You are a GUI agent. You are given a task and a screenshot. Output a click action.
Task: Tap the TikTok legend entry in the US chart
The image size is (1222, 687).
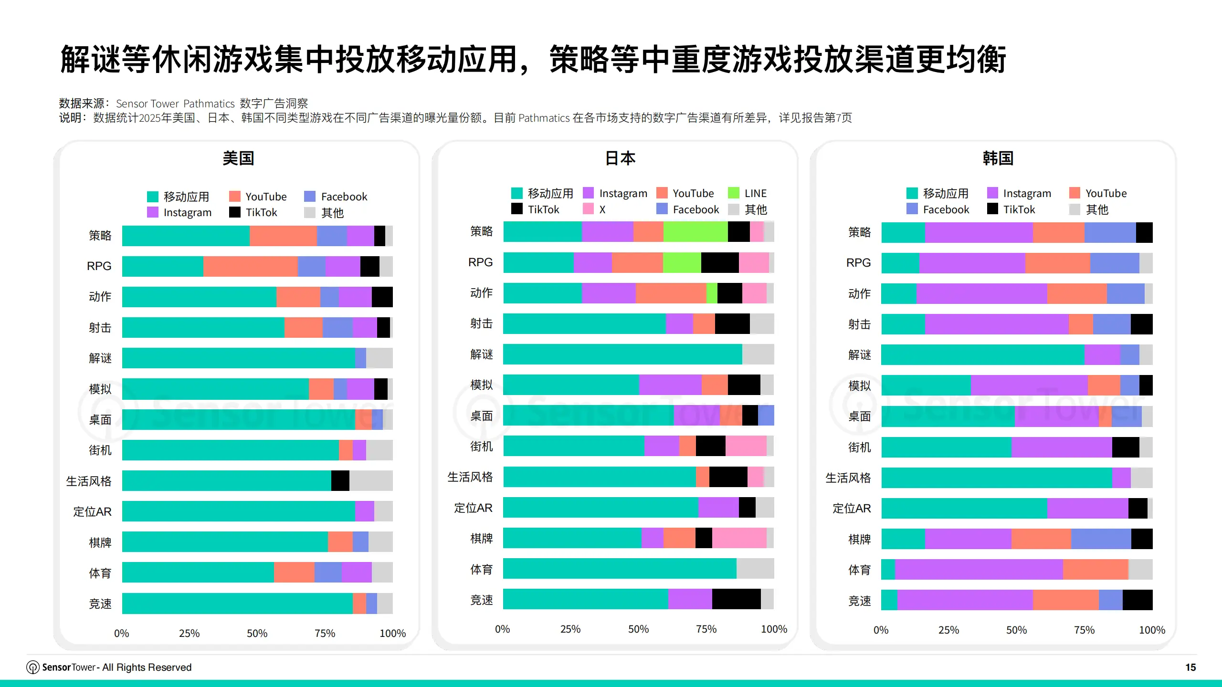[x=253, y=212]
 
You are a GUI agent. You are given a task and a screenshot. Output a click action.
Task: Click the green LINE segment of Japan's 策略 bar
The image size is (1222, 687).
[x=695, y=232]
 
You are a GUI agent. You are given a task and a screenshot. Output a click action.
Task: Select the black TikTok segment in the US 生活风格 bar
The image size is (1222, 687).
[x=340, y=480]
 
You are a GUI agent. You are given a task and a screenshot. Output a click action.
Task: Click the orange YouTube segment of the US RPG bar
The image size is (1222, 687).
[x=250, y=266]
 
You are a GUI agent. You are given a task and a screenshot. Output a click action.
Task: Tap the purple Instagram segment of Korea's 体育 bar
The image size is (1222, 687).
[x=979, y=570]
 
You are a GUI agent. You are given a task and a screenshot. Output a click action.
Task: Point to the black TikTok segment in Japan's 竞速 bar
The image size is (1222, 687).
[x=736, y=599]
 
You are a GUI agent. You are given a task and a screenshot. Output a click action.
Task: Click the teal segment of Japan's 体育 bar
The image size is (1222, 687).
[x=620, y=569]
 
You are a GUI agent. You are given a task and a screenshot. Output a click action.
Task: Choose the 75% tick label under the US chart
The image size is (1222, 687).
[x=325, y=634]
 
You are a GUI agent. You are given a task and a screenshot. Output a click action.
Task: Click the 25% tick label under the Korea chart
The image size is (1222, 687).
[x=948, y=630]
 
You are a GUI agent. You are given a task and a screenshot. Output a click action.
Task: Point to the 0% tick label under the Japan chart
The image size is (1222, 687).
[x=502, y=629]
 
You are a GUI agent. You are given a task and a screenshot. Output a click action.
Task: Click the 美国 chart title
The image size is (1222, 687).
[x=238, y=158]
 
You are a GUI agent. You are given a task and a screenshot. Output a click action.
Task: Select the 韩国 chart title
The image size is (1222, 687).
[x=998, y=158]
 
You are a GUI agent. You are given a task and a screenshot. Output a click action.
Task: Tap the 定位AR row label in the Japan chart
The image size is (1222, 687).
[x=473, y=508]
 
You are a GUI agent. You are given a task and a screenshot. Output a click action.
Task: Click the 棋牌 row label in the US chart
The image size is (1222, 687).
[x=100, y=542]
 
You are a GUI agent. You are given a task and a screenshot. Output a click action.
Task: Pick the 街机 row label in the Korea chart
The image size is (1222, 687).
[x=859, y=448]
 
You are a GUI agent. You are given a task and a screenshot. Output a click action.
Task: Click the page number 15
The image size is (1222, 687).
[x=1190, y=667]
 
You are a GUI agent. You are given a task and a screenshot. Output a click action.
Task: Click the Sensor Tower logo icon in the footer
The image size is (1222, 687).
[x=32, y=667]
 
